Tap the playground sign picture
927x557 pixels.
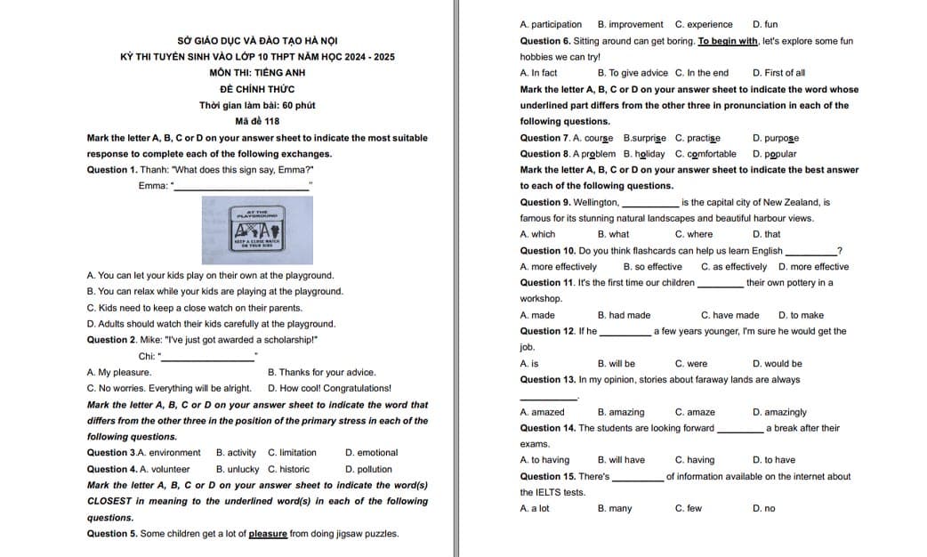[x=257, y=230]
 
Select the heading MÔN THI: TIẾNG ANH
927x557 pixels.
[x=257, y=73]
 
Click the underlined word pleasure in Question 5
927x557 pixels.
[x=268, y=534]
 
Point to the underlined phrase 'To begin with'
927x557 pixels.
[x=728, y=41]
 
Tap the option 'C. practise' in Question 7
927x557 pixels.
[x=697, y=138]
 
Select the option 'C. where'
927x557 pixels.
[x=694, y=234]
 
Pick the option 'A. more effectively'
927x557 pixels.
[x=558, y=267]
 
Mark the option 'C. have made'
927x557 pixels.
[x=730, y=315]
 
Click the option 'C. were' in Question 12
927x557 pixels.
[x=691, y=363]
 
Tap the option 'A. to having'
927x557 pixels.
[x=544, y=460]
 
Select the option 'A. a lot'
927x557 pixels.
[x=535, y=508]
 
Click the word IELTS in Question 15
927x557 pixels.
[x=550, y=492]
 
